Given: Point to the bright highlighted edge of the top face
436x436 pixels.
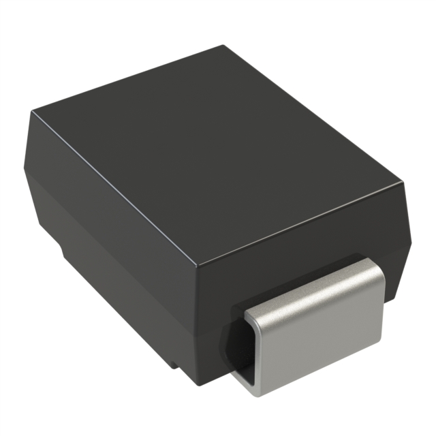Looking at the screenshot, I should [x=300, y=225].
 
